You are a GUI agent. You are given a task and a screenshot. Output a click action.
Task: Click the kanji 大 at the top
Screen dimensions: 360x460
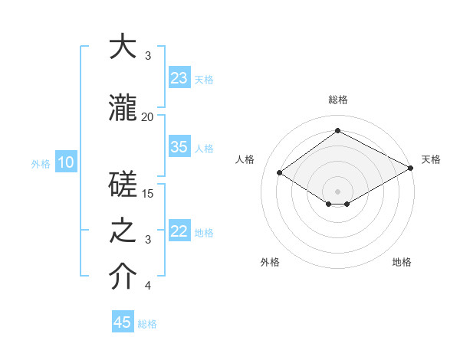[x=123, y=47]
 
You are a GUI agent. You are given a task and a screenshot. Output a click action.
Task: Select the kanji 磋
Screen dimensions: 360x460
[x=123, y=184]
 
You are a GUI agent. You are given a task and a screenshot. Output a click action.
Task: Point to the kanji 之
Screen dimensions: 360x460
[x=123, y=231]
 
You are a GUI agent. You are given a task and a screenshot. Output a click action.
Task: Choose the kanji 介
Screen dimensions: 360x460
[x=123, y=277]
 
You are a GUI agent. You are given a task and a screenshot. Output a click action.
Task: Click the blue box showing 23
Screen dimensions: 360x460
[x=179, y=78]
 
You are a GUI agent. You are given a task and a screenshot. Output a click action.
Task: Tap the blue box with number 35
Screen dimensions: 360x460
[x=179, y=147]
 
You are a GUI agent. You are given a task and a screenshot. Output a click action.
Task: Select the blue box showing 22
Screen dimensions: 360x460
[x=179, y=232]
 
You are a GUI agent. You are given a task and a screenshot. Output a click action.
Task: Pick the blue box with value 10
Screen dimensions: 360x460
[x=65, y=162]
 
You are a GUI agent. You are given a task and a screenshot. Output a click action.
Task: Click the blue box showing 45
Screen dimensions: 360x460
[x=123, y=322]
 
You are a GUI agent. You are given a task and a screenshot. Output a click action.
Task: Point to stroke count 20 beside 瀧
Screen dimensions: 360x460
[x=147, y=116]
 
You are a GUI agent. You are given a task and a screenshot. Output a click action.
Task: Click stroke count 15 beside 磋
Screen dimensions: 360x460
[x=147, y=193]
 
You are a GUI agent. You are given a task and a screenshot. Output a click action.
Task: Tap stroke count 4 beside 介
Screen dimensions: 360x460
[x=148, y=286]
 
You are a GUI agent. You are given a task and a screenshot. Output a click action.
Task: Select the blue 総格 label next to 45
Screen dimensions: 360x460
[x=147, y=324]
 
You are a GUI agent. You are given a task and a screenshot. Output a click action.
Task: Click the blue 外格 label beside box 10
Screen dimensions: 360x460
[x=40, y=163]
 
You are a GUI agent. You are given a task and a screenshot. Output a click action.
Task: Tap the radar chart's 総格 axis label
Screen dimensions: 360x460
[x=337, y=100]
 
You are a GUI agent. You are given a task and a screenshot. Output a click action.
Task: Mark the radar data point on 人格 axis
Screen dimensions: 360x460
[x=280, y=173]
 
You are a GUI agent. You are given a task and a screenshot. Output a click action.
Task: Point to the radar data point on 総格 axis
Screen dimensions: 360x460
[x=337, y=131]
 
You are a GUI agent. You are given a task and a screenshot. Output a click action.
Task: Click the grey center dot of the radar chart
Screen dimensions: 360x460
[x=337, y=191]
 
